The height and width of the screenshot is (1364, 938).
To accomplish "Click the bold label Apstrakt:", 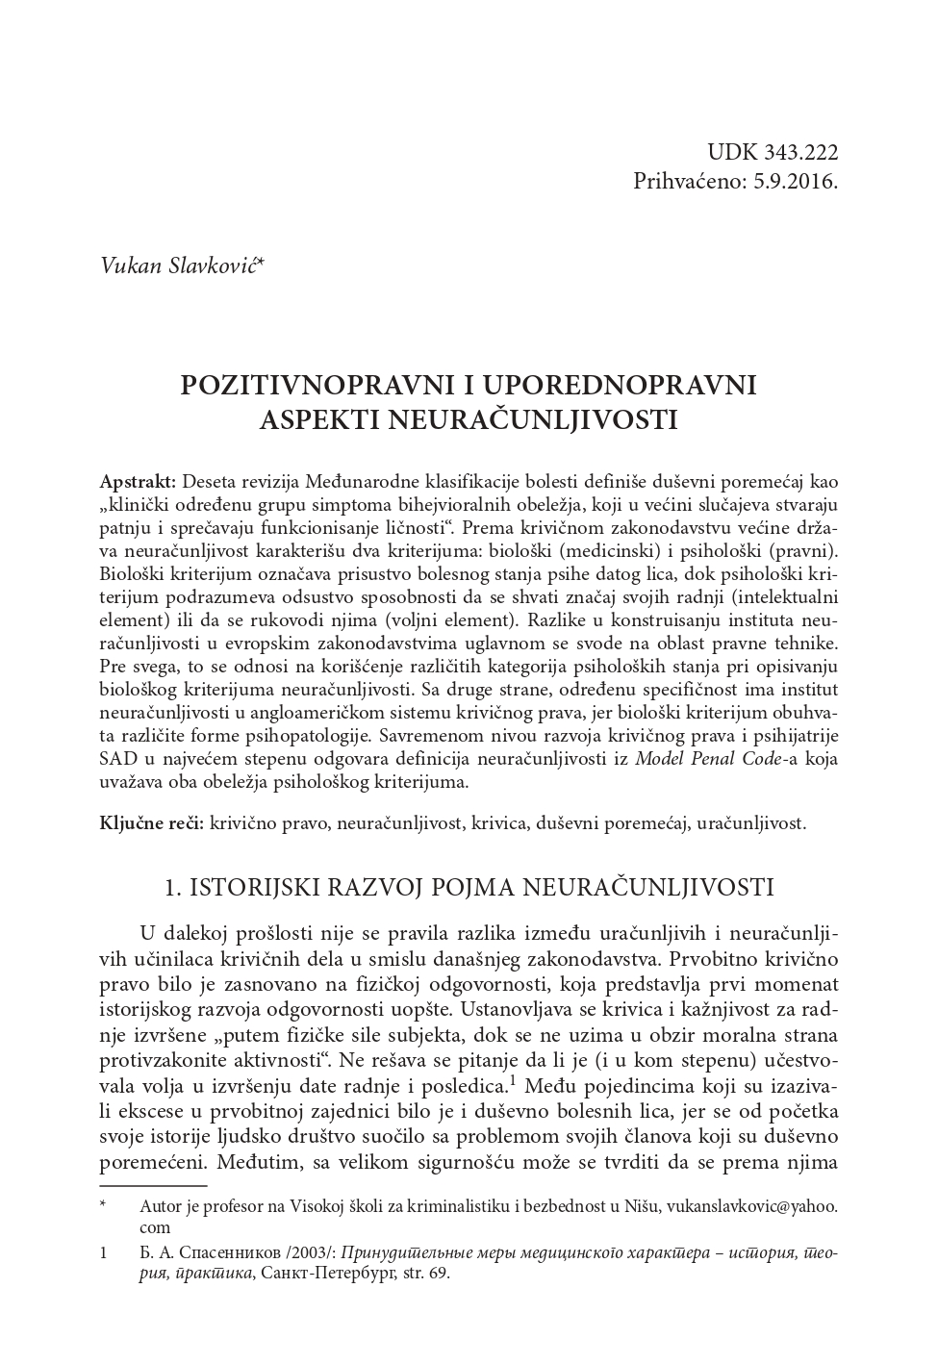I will (138, 481).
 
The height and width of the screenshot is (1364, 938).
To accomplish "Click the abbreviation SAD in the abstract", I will (116, 759).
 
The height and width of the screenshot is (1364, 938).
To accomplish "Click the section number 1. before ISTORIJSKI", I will (173, 887).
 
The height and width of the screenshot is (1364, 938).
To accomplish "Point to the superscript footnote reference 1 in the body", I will (514, 1081).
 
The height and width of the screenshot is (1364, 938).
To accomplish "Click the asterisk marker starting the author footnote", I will (103, 1204).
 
